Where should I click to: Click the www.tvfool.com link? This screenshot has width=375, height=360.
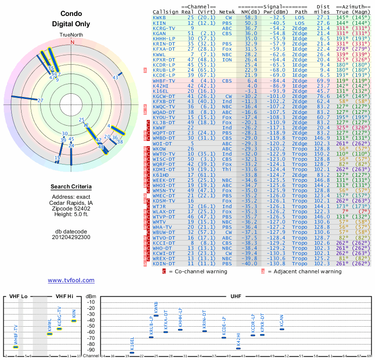click(71, 280)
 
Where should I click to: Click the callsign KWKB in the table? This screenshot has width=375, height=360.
click(159, 17)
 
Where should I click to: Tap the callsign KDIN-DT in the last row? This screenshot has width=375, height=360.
click(164, 263)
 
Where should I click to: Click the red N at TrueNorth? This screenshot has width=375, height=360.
click(72, 42)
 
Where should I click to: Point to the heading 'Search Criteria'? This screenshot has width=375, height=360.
click(71, 187)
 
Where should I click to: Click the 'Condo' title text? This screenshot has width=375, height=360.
click(71, 14)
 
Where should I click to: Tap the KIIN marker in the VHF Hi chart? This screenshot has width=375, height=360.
click(74, 321)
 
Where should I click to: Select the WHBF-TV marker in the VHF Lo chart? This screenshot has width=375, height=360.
click(16, 347)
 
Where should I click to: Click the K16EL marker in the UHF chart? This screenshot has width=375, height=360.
click(132, 352)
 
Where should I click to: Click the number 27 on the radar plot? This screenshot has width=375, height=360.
click(40, 100)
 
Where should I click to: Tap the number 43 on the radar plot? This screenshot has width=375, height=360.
click(115, 77)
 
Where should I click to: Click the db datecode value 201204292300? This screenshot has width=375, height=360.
click(71, 237)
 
